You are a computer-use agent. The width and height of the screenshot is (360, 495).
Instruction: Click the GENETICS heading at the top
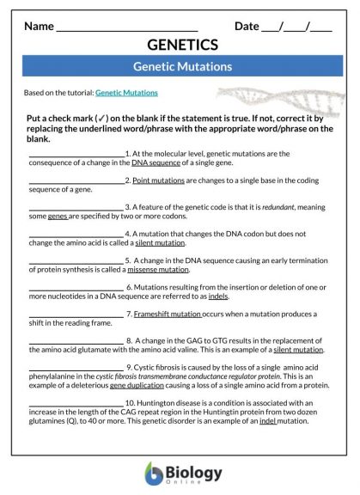[182, 45]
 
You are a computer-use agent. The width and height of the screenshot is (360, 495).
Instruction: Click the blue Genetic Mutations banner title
[182, 66]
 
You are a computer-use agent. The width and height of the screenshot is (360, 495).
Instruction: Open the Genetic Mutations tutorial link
[126, 92]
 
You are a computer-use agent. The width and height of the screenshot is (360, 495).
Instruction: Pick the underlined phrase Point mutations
[152, 180]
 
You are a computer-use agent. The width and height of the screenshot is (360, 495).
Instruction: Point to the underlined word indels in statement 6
[219, 296]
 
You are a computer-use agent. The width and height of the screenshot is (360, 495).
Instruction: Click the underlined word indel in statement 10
[268, 421]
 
